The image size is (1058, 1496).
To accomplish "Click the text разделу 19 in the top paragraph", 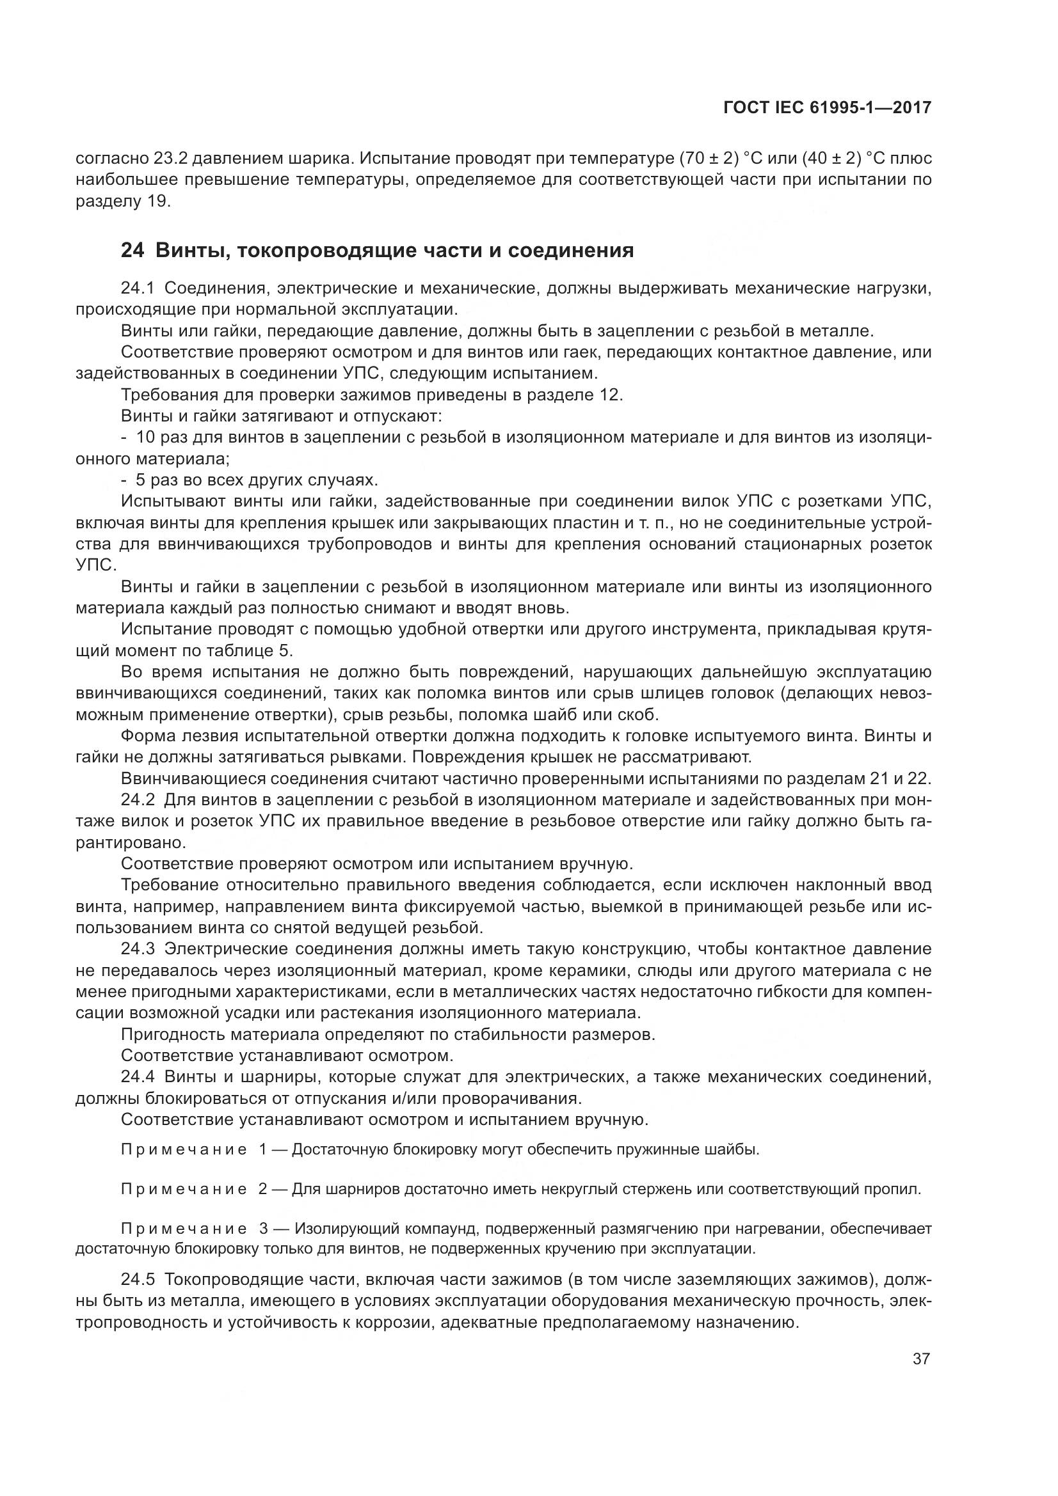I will (x=122, y=201).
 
